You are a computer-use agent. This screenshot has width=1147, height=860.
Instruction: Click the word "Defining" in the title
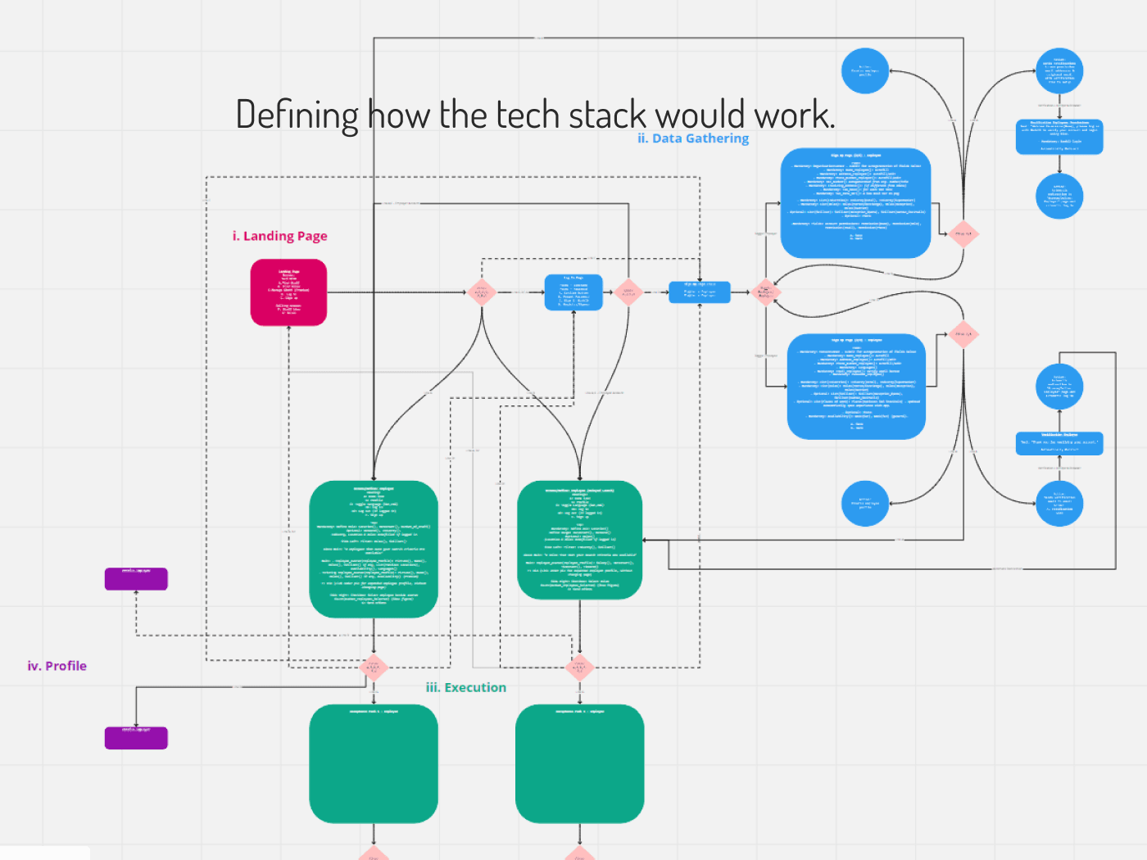coord(297,115)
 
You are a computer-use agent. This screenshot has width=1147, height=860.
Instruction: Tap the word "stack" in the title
coord(610,115)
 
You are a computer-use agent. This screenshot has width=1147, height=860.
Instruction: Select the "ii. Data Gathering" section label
coord(693,138)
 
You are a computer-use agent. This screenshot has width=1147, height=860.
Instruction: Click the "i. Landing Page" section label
coord(279,236)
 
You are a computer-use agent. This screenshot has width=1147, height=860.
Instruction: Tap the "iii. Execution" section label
coord(465,688)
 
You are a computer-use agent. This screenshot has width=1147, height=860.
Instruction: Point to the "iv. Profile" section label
coord(57,666)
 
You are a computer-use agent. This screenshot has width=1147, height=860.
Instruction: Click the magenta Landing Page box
coord(288,292)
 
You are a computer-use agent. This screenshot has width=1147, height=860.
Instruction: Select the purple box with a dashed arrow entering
coord(136,578)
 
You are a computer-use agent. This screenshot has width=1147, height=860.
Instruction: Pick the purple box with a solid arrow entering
coord(136,737)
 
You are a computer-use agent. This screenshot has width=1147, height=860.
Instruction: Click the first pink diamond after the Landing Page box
coord(482,292)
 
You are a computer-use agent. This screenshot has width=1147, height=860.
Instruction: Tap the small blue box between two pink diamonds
coord(573,292)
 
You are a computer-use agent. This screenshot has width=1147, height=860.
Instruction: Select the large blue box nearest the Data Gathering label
coord(855,203)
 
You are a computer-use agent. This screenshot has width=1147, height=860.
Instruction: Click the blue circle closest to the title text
coord(864,70)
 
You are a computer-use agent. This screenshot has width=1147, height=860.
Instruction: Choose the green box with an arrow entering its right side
coord(579,540)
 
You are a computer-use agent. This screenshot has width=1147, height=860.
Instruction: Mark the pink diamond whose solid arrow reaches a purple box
coord(374,668)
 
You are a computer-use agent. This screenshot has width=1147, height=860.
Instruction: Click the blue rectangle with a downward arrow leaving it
coord(1059,137)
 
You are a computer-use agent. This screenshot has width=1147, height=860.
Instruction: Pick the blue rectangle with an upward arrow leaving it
coord(1059,443)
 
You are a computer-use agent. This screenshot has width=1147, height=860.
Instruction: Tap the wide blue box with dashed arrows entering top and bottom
coord(699,292)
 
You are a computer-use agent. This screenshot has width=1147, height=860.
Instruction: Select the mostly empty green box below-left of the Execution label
coord(374,763)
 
